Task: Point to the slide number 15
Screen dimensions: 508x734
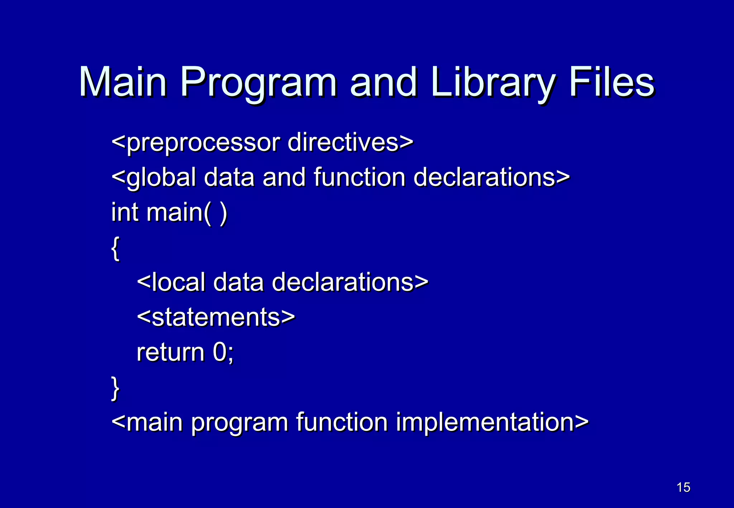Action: pos(683,487)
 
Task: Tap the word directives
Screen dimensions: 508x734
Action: pos(343,142)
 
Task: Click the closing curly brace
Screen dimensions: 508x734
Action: pos(115,388)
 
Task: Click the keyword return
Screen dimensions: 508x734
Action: pos(170,353)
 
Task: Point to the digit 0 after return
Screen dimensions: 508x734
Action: pos(219,352)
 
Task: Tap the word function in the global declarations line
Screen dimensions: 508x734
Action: pos(359,177)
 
